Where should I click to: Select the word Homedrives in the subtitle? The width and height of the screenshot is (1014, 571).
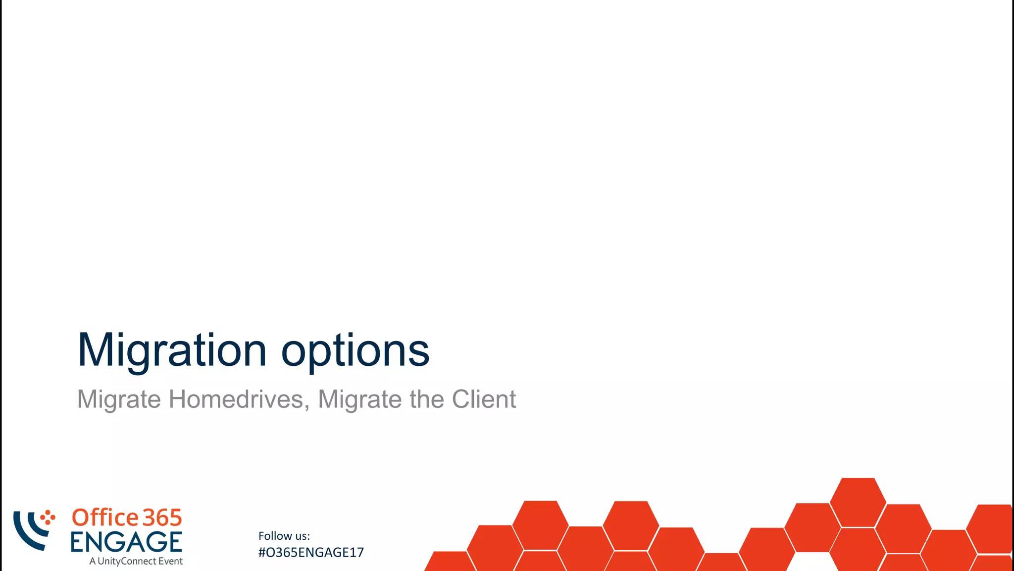[236, 399]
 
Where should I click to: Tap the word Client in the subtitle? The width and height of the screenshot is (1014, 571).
[484, 399]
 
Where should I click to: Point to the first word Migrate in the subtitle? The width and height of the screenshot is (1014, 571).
[119, 400]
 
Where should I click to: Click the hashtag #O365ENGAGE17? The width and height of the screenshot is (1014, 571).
[311, 553]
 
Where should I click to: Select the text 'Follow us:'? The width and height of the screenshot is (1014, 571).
[284, 536]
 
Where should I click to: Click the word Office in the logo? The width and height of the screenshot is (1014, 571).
[105, 517]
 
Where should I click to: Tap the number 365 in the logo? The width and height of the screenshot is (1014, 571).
[162, 518]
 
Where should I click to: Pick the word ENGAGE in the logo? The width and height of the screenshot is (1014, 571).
[126, 542]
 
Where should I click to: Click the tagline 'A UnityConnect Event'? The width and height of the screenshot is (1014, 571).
[136, 561]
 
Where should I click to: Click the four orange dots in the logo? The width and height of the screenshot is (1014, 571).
[48, 517]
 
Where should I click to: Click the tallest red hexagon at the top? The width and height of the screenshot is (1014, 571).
[858, 502]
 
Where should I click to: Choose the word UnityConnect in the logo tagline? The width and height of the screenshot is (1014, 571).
[127, 561]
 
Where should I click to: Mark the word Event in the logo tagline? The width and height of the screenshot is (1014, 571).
[170, 561]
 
